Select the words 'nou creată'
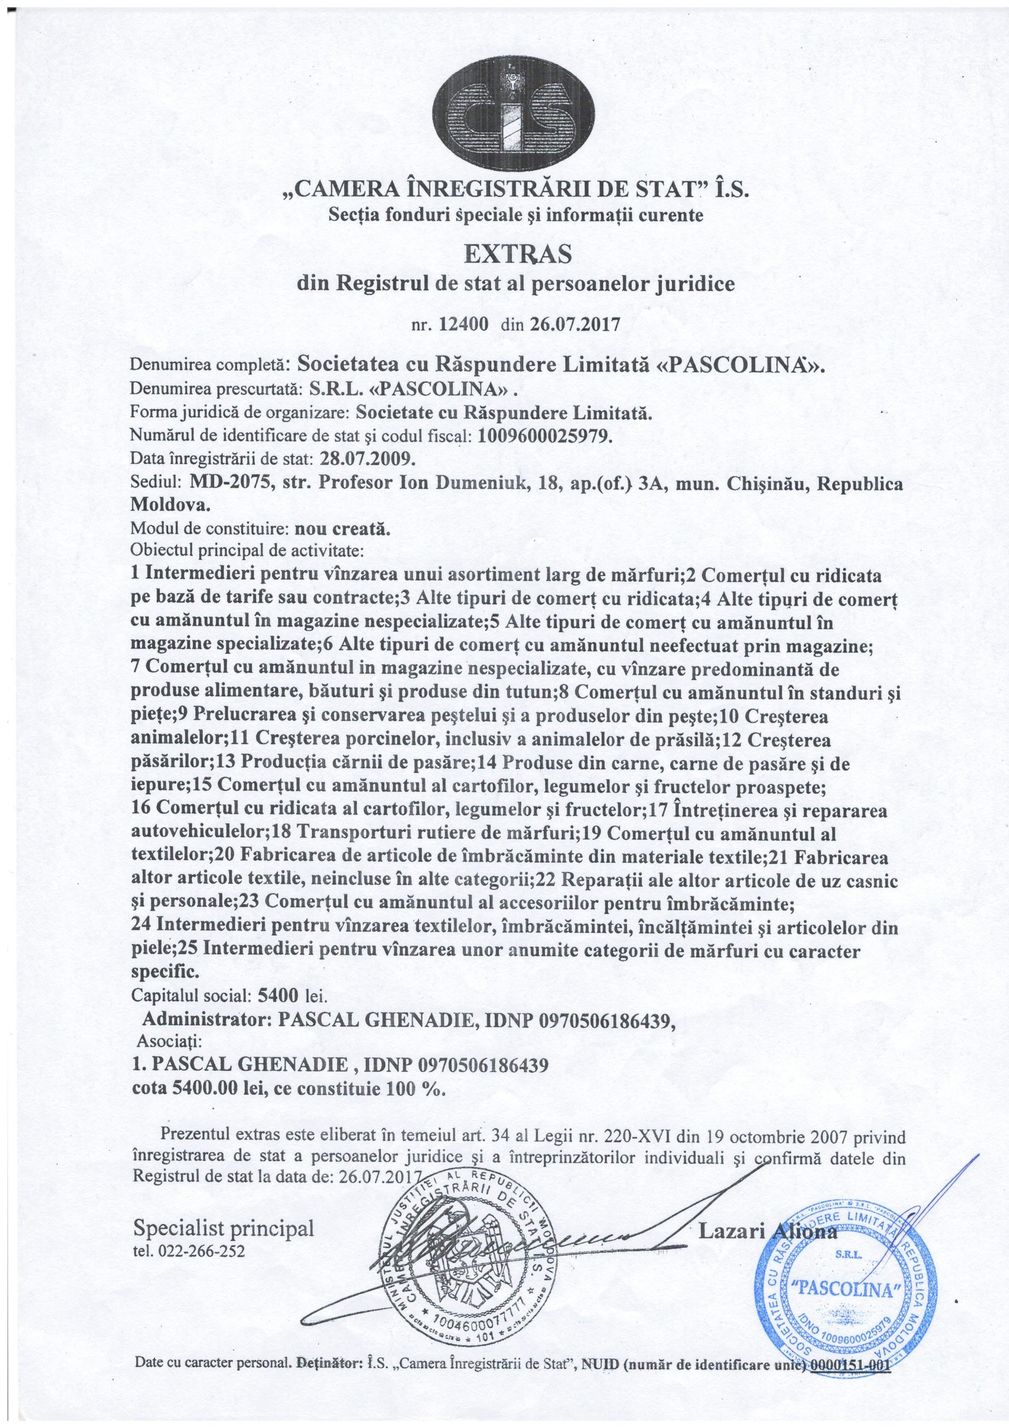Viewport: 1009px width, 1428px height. pyautogui.click(x=342, y=529)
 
